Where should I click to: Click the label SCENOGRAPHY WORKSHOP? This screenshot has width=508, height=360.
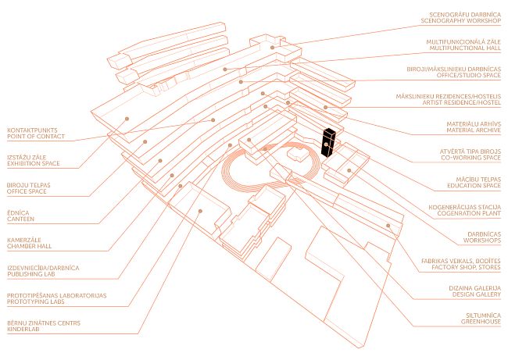click(460, 20)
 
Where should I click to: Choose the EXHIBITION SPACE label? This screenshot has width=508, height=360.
click(34, 166)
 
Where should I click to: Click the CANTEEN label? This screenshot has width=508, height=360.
click(21, 219)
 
